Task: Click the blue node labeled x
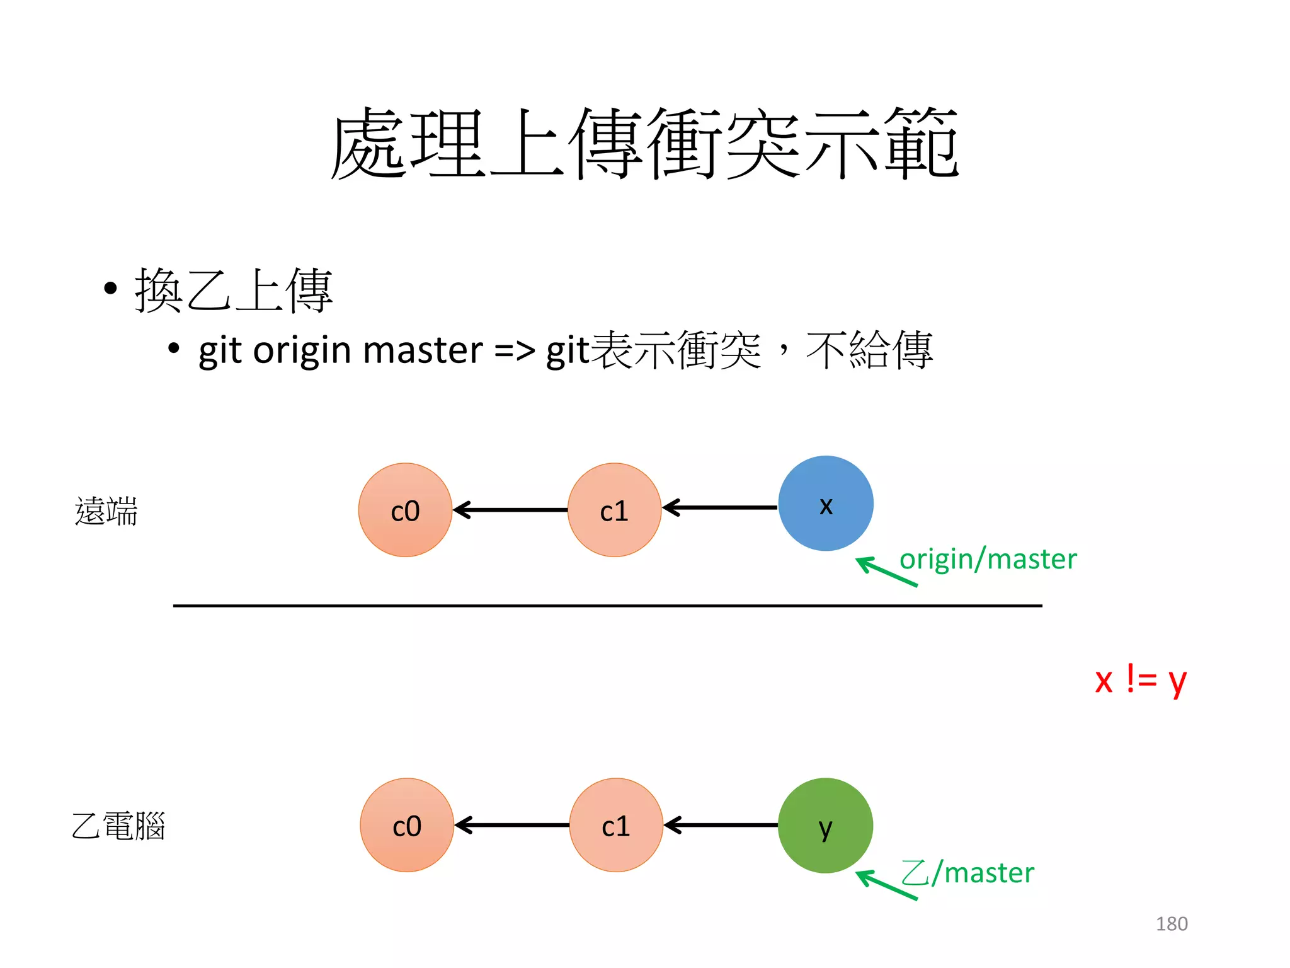[x=825, y=504]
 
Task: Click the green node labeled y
[x=825, y=825]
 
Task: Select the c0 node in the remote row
[x=405, y=510]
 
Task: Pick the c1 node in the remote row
[x=614, y=510]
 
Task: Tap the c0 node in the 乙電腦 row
[x=407, y=825]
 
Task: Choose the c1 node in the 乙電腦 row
[x=616, y=825]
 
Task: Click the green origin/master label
[x=988, y=559]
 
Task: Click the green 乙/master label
[x=967, y=873]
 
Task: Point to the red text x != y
[x=1140, y=680]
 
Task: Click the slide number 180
[x=1172, y=924]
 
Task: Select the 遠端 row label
[x=106, y=510]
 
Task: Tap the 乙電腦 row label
[x=118, y=826]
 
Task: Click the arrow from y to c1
[x=721, y=825]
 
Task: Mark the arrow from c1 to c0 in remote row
[x=510, y=510]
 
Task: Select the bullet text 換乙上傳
[x=233, y=291]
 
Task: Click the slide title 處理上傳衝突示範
[x=644, y=144]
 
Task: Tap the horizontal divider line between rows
[x=607, y=606]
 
